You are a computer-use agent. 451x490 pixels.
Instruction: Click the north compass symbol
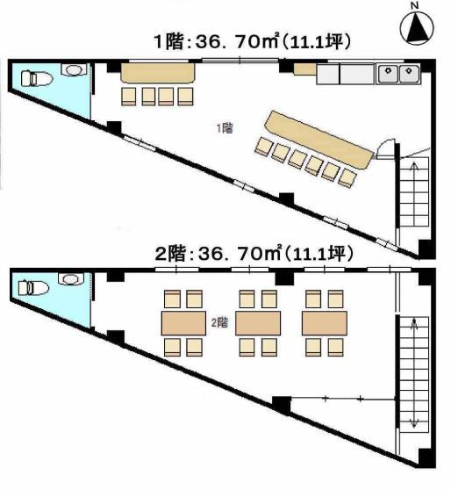point(417,29)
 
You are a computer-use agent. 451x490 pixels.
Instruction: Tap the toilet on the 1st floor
point(36,78)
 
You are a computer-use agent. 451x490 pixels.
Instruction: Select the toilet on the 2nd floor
point(33,288)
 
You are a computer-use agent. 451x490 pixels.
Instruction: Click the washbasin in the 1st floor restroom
point(73,70)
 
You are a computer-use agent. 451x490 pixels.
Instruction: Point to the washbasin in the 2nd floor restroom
point(71,278)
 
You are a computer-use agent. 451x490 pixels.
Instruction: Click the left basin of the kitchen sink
point(388,74)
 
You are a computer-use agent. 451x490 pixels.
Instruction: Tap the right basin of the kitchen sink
point(409,74)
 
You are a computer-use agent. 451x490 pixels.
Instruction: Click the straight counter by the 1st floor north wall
point(158,73)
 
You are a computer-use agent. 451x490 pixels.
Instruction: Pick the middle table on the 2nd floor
point(258,323)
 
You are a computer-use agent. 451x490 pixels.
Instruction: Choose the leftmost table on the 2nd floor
point(183,323)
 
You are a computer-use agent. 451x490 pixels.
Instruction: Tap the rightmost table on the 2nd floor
point(325,323)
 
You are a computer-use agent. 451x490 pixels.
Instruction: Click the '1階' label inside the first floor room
point(225,128)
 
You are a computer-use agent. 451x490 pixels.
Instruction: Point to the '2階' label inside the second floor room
point(219,322)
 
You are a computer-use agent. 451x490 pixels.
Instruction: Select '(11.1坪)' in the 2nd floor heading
point(319,254)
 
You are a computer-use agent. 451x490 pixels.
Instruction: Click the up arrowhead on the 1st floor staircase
point(414,166)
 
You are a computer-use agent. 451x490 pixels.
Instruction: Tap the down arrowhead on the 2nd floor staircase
point(414,424)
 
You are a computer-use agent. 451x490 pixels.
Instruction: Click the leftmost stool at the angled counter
point(263,147)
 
